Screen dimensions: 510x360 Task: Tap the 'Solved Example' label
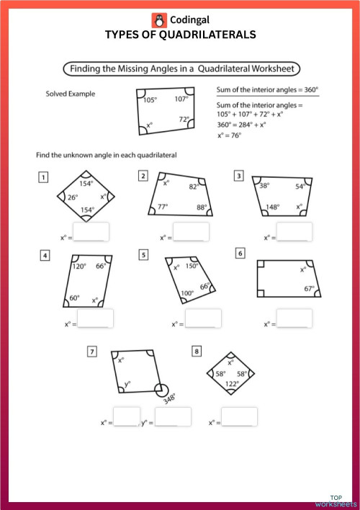pos(71,94)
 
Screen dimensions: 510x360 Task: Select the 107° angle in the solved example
pos(180,99)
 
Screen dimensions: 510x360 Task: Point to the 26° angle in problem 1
pos(73,197)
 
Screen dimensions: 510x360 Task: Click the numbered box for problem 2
pos(144,176)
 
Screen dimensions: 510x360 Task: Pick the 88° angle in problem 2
pos(201,207)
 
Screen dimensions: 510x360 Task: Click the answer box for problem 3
pos(295,232)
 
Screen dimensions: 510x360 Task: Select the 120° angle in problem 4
pos(79,266)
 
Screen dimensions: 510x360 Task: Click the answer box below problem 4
pos(96,318)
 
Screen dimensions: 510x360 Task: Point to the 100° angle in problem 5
pos(187,293)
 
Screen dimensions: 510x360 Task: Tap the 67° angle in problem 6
pos(310,288)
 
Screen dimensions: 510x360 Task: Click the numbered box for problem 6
pos(240,254)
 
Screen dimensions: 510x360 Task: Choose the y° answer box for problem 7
pos(174,417)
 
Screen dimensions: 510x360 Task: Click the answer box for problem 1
pos(91,232)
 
